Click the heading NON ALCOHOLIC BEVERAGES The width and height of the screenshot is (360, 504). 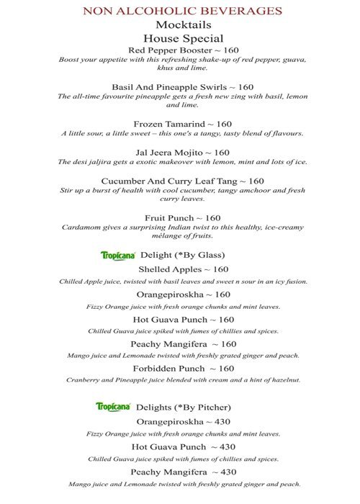click(x=182, y=11)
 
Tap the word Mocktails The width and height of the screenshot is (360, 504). click(x=182, y=24)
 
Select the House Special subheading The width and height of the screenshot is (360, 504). click(x=182, y=38)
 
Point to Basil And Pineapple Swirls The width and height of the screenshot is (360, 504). click(x=168, y=86)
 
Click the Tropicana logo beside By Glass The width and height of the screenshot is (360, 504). click(x=115, y=254)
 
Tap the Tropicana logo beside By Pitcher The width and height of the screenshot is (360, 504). click(x=112, y=406)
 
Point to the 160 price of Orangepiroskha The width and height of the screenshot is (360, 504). click(x=222, y=294)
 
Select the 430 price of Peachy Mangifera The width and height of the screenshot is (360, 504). click(x=228, y=472)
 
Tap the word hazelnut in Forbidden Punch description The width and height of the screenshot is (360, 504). click(x=284, y=379)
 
